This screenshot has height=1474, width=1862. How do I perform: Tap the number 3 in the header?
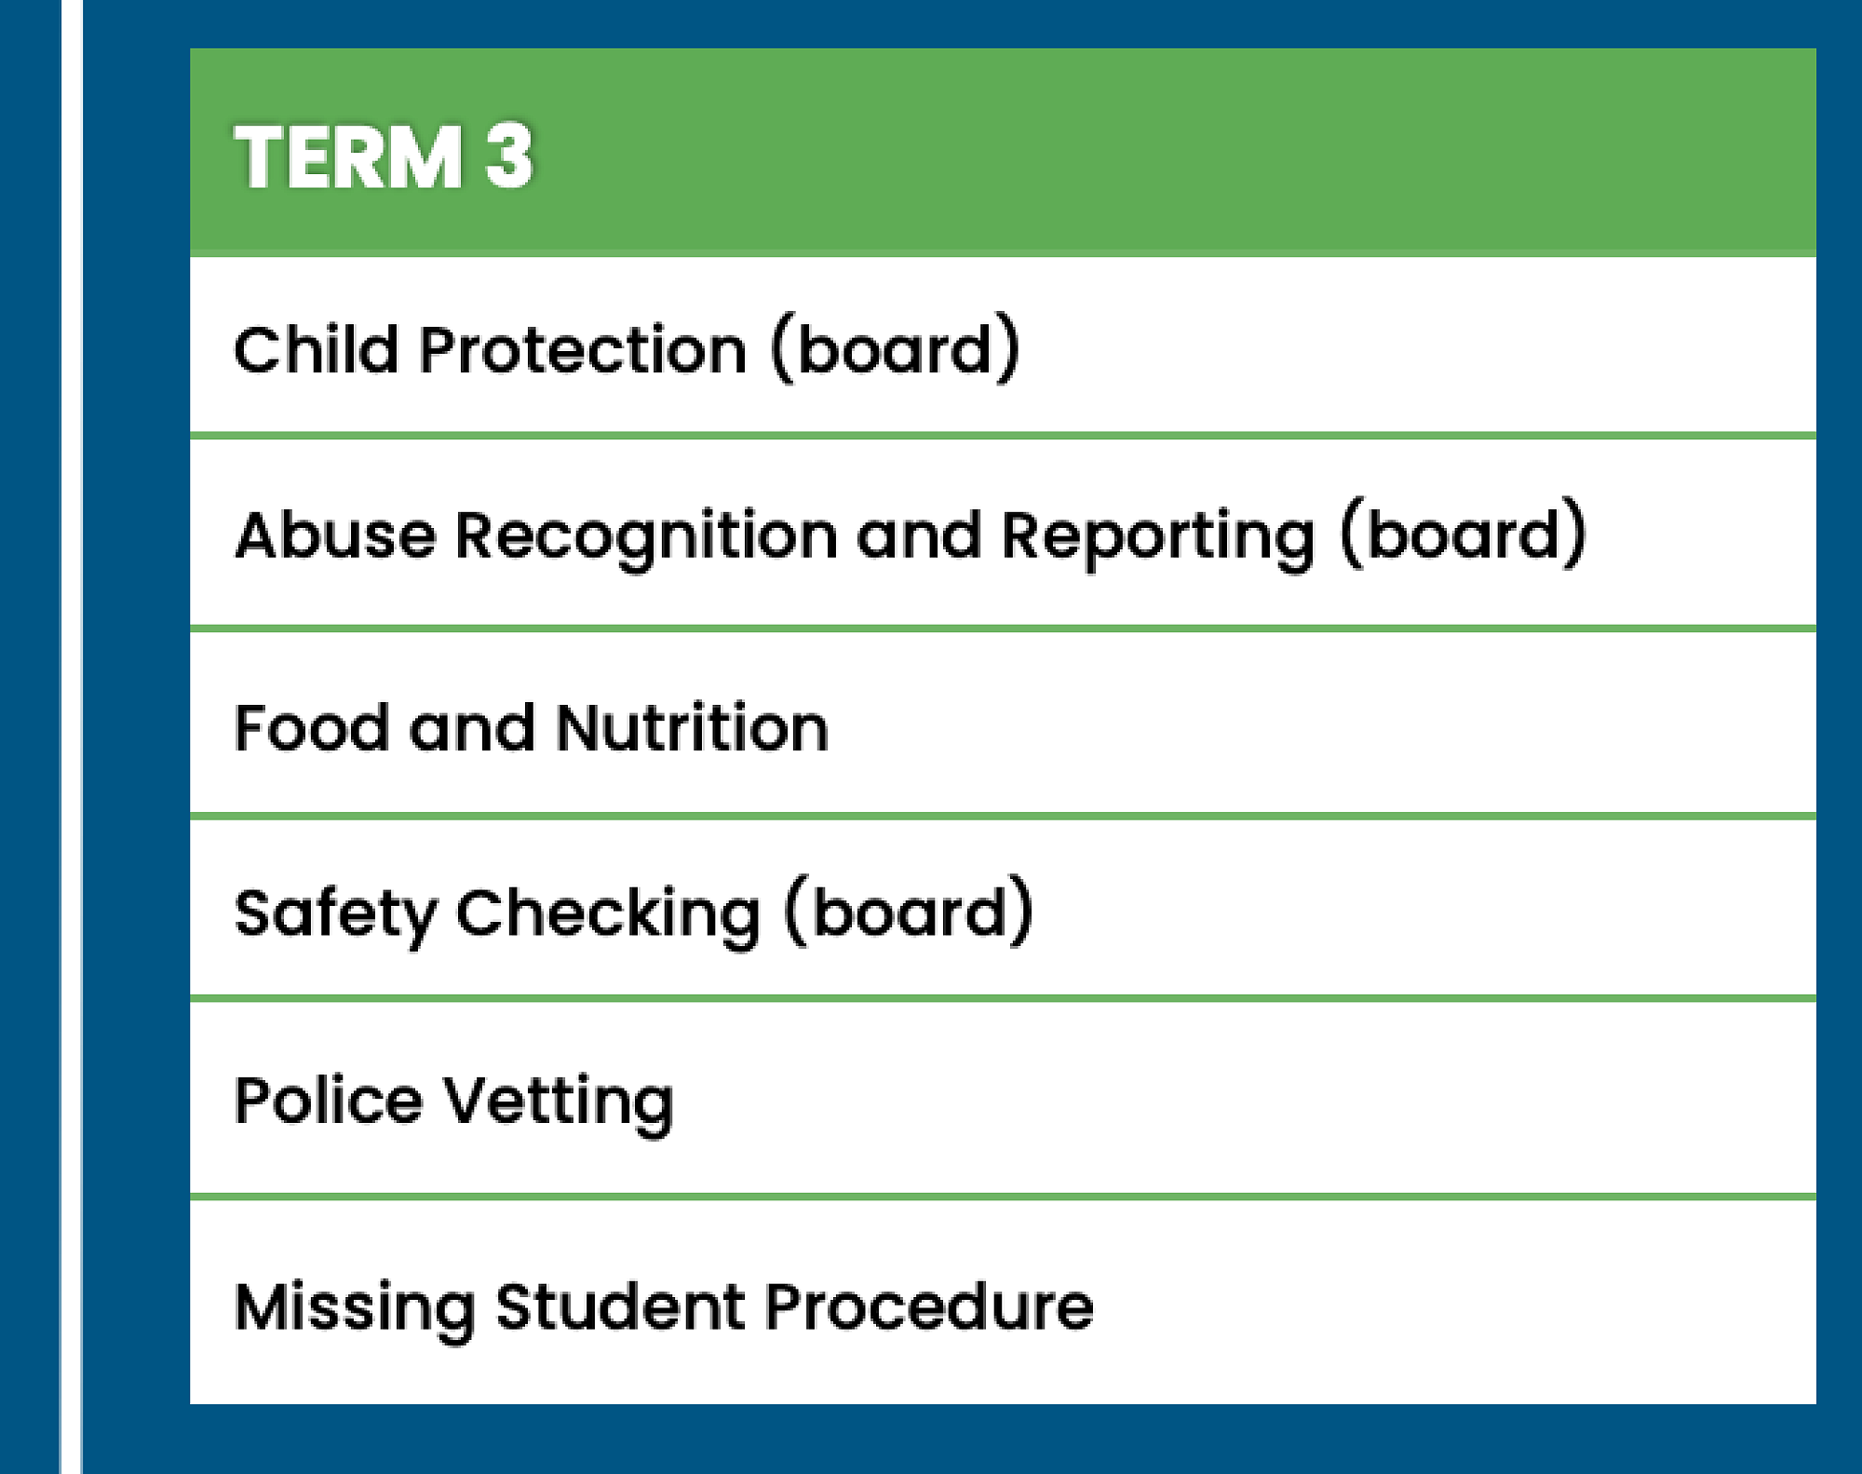click(x=509, y=156)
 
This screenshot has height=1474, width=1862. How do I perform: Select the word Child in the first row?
click(x=316, y=350)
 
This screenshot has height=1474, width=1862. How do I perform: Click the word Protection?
click(x=583, y=350)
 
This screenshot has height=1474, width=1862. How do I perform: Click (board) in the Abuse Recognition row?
click(x=1463, y=534)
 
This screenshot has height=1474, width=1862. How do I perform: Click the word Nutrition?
click(x=692, y=727)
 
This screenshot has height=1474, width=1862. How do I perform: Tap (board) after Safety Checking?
click(x=909, y=911)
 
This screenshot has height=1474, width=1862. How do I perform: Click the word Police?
click(x=329, y=1101)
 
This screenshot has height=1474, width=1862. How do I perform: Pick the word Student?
click(x=620, y=1306)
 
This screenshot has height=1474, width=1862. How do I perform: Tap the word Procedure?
click(x=929, y=1306)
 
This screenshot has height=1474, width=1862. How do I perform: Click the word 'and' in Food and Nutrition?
click(x=472, y=727)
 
